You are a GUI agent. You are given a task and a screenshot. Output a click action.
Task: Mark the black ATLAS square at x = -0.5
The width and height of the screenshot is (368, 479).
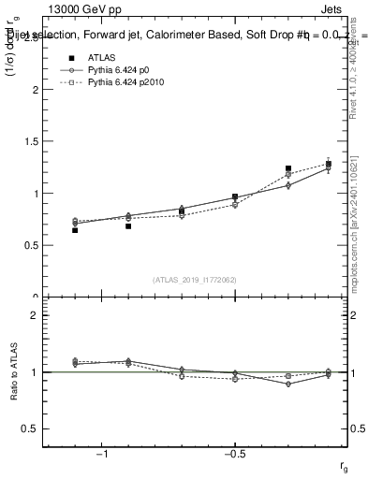point(235,197)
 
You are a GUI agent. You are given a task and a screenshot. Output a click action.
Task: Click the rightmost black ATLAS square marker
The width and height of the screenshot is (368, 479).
point(329,165)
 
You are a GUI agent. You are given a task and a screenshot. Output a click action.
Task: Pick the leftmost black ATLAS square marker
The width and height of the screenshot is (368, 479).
point(75,229)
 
